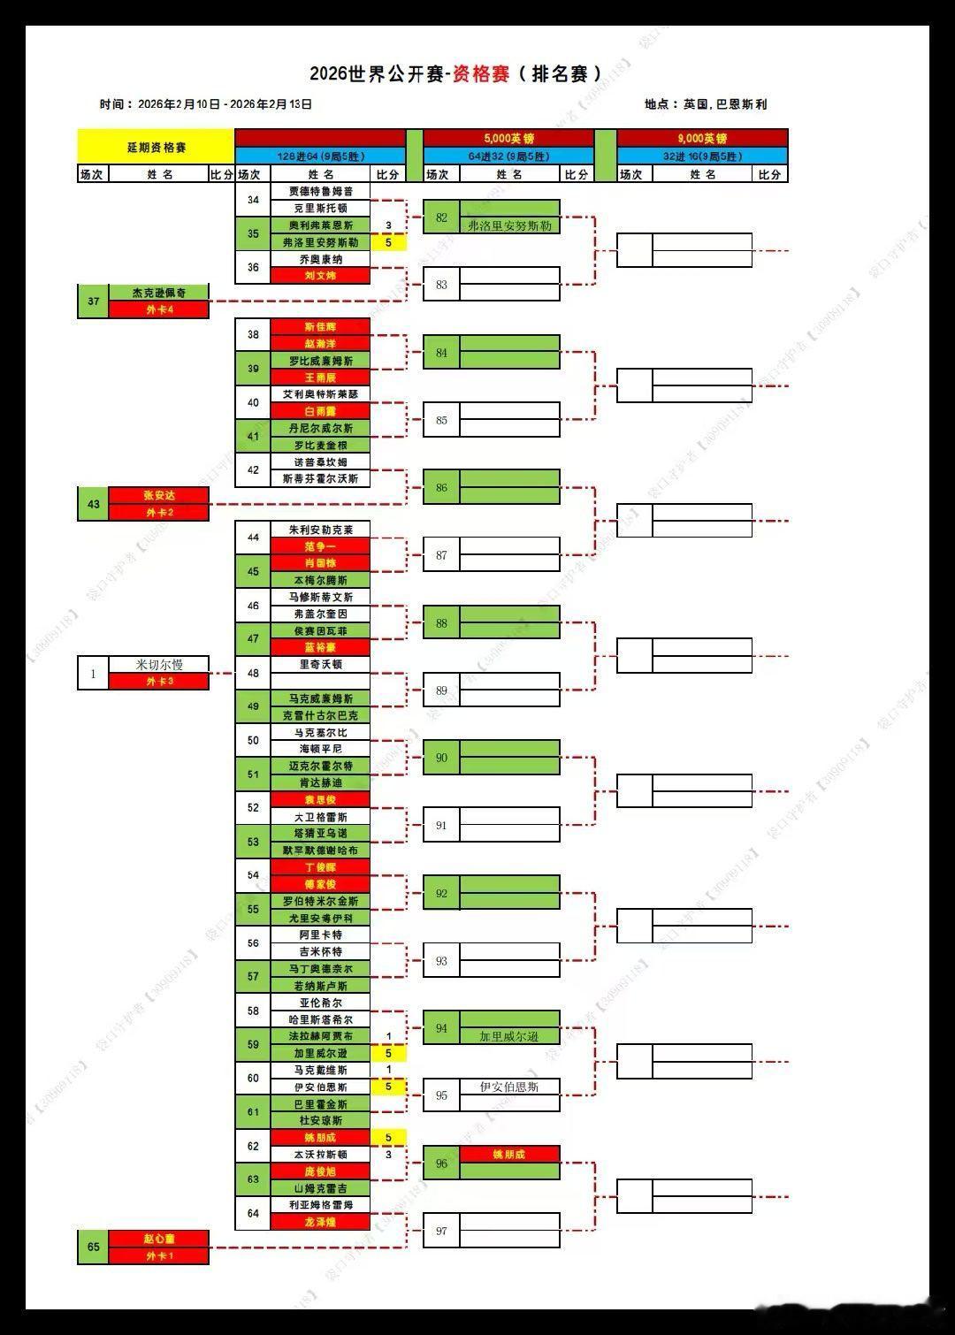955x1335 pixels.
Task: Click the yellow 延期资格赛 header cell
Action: pos(156,147)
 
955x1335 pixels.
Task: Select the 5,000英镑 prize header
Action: pos(508,138)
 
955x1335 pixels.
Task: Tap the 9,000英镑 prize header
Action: pos(702,138)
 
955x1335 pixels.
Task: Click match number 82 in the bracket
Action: pos(441,217)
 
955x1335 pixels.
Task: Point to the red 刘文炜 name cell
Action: pos(320,276)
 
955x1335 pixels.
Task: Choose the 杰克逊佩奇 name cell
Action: pos(159,293)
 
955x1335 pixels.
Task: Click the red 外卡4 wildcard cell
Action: pos(159,309)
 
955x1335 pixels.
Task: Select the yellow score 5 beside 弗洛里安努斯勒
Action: pos(388,242)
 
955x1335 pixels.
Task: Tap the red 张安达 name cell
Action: pos(159,496)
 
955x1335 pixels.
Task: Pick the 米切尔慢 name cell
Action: pos(159,665)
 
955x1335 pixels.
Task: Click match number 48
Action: pos(253,673)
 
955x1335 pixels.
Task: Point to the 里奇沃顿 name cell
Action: pos(320,664)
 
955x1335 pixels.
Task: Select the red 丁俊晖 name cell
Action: pos(320,867)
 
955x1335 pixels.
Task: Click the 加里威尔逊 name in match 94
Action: pos(509,1036)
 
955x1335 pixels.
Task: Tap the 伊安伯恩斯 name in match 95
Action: pos(509,1087)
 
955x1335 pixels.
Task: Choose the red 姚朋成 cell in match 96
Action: pos(509,1155)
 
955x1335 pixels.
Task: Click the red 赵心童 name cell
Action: pos(159,1239)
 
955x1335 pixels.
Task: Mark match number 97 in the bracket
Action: pos(441,1231)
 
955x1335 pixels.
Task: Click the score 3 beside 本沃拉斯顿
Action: pos(388,1155)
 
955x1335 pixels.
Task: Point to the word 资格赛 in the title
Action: pos(481,74)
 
